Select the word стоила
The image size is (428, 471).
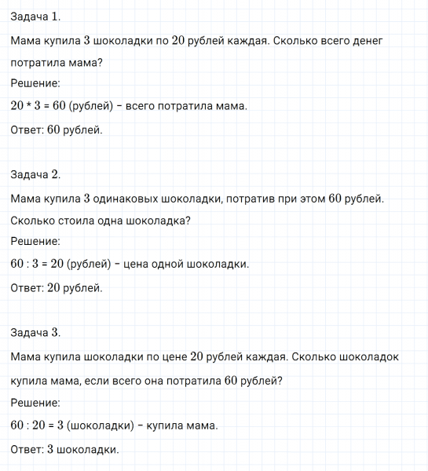[x=91, y=221]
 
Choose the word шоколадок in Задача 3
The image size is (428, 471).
[x=368, y=356]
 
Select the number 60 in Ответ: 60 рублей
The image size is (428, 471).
[x=53, y=130]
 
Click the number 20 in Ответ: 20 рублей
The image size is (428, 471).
[x=53, y=287]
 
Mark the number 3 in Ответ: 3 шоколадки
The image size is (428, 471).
[x=50, y=450]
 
